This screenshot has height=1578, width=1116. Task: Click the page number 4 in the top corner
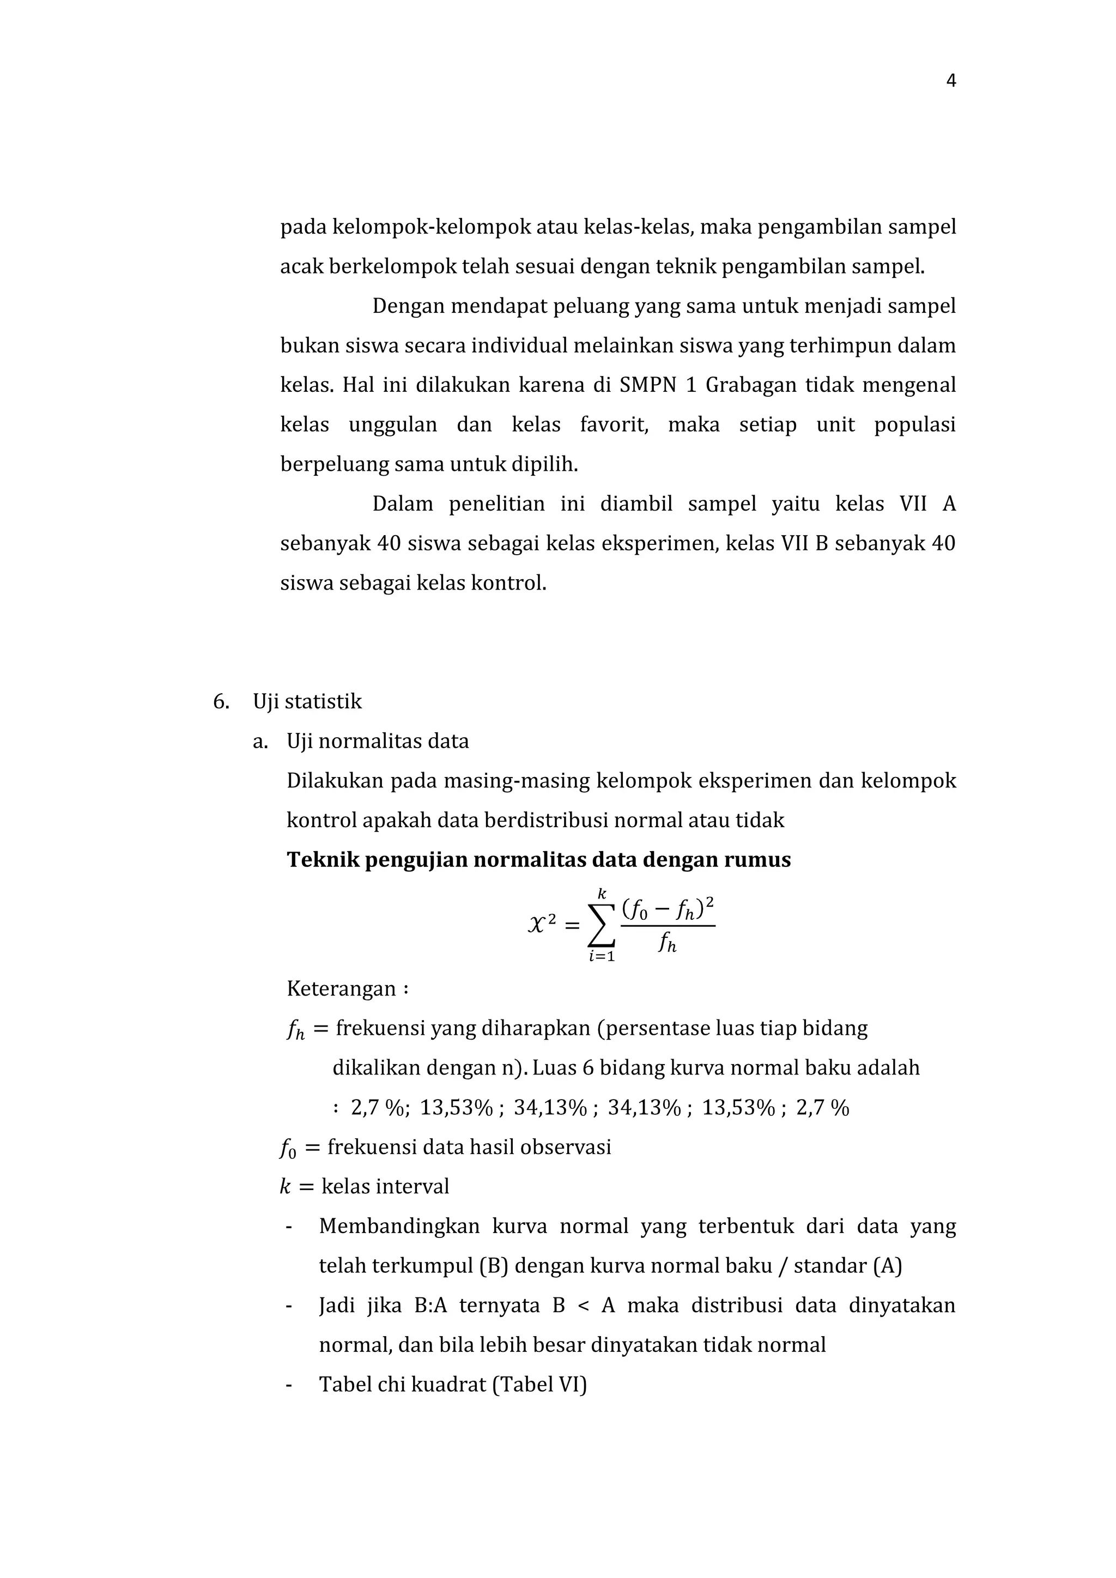[951, 81]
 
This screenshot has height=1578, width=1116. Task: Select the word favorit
[614, 424]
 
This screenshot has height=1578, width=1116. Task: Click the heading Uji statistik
[307, 702]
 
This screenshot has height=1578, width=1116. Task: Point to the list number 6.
[221, 702]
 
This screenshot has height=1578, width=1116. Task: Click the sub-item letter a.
[260, 742]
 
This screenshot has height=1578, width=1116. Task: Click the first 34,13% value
[550, 1108]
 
